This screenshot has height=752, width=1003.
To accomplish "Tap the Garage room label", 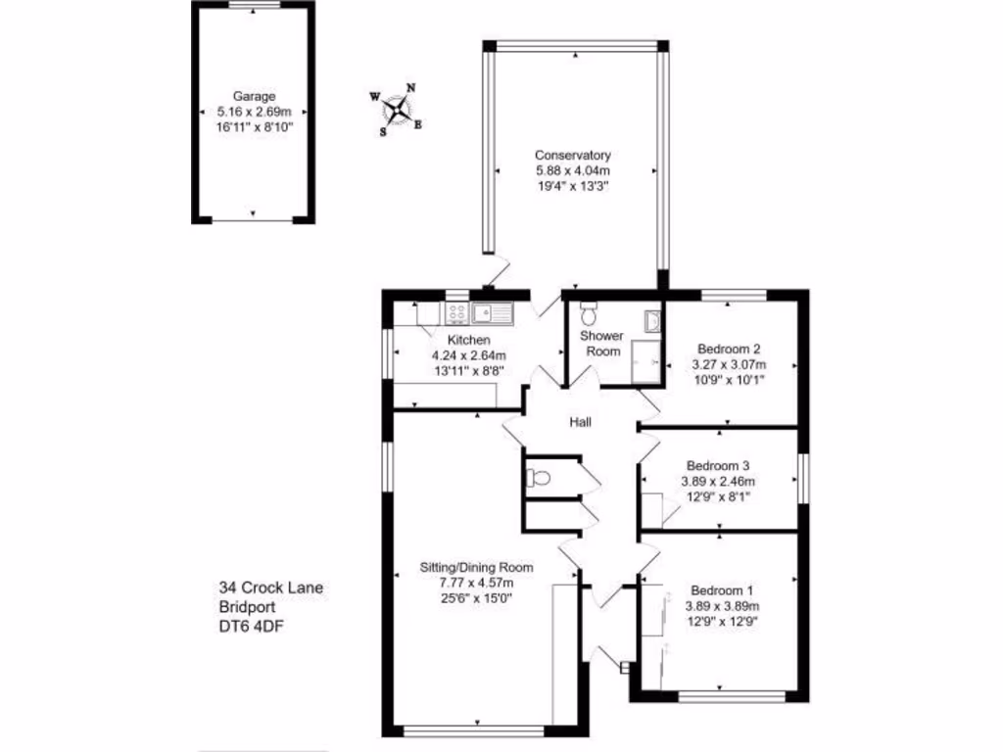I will (253, 96).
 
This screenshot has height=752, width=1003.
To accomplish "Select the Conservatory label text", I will (573, 155).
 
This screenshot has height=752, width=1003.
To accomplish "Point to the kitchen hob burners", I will (456, 313).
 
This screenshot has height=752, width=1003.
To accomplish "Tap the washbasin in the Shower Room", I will (653, 319).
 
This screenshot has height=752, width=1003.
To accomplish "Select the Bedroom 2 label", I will (729, 349).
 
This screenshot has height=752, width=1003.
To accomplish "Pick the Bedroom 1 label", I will (722, 590).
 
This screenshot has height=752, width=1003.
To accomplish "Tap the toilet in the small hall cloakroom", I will (537, 479).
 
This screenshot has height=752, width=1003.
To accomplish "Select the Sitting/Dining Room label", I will (476, 567).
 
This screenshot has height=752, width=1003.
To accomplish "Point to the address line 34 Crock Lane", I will (271, 587).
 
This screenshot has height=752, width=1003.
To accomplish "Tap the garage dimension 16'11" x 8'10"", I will (253, 127).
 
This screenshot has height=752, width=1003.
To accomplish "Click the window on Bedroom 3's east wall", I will (803, 480).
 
